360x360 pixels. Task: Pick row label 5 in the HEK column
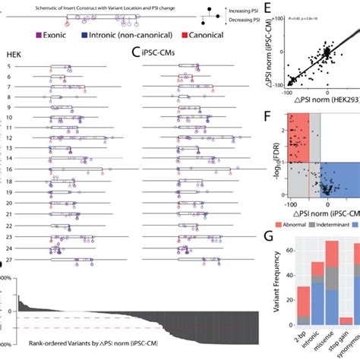(8, 67)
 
